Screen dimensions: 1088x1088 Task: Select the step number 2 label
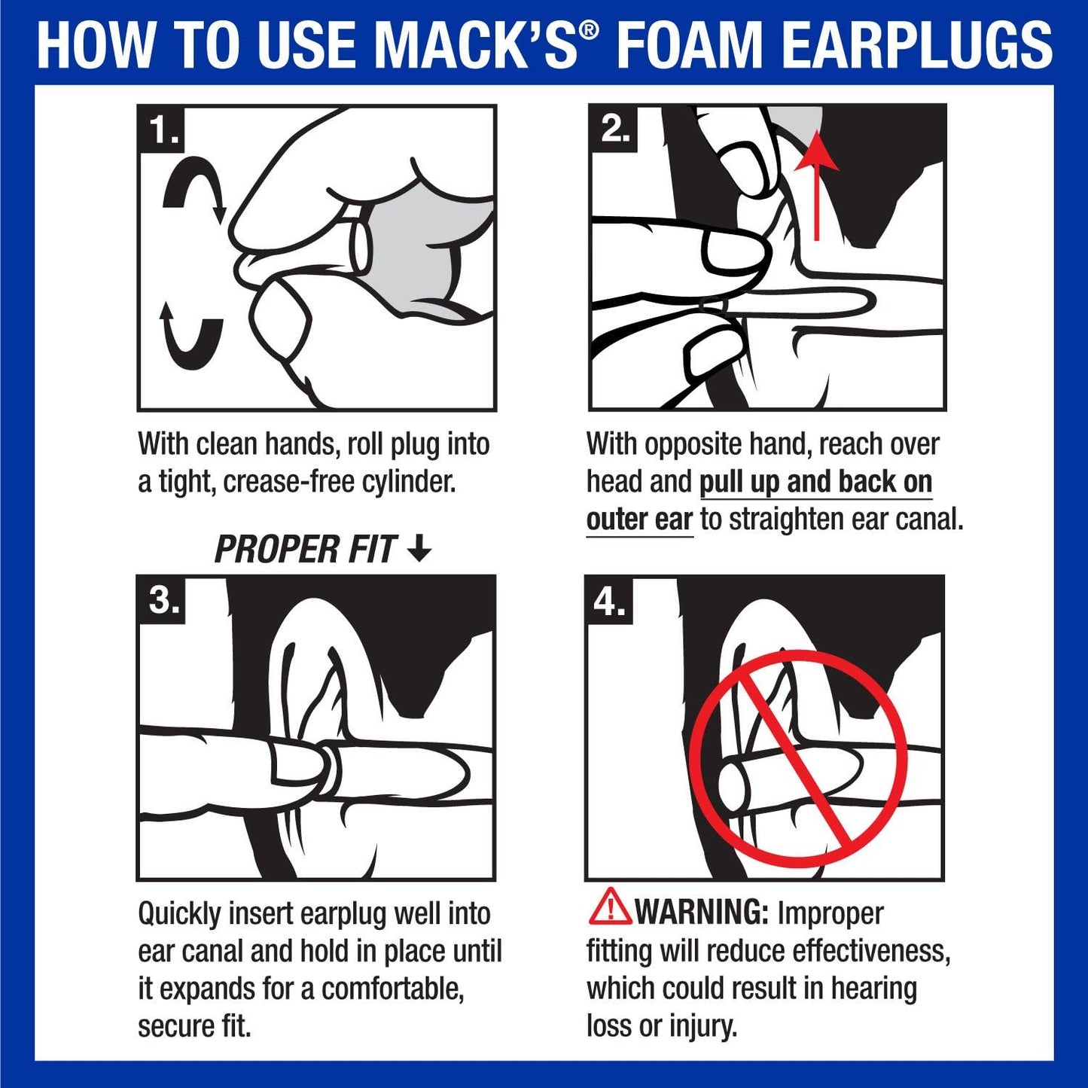tap(614, 130)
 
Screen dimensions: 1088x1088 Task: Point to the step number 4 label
tap(609, 601)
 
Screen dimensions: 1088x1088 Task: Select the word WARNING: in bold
tap(701, 913)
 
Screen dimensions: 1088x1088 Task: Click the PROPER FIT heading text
tap(305, 550)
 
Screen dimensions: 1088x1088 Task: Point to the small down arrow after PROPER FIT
tap(419, 549)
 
